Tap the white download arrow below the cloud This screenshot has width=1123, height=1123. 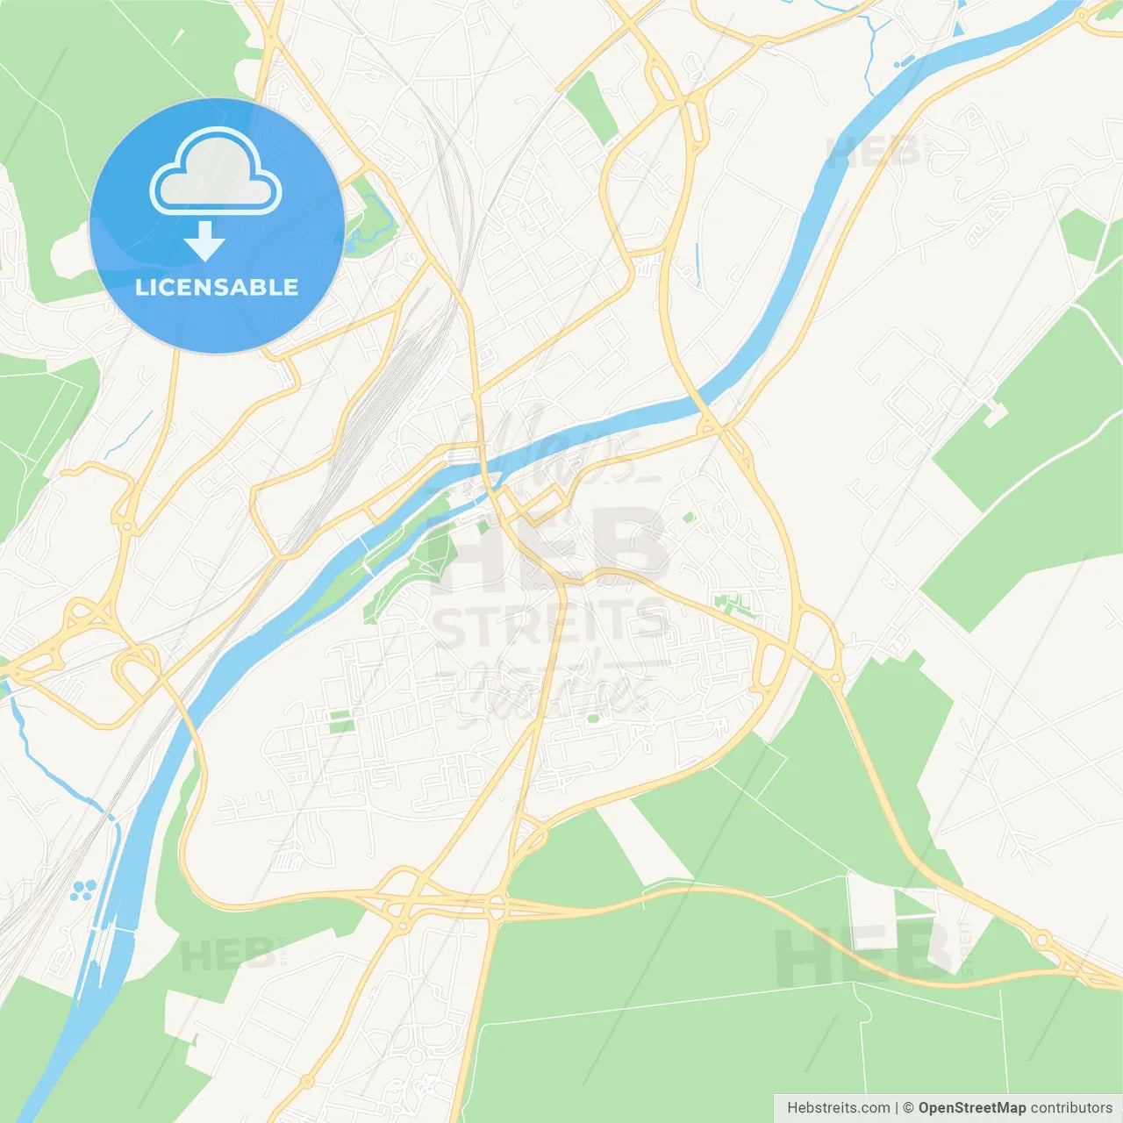point(204,241)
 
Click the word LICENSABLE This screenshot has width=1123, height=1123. point(217,288)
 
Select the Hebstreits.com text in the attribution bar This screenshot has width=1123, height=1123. point(838,1108)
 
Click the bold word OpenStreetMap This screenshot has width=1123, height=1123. point(971,1108)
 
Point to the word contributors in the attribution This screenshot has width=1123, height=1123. point(1071,1108)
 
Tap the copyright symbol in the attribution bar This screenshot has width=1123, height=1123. point(908,1108)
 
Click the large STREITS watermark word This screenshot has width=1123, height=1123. point(551,624)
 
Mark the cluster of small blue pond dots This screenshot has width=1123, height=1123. point(83,891)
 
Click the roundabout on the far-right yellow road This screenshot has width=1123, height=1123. point(1042,941)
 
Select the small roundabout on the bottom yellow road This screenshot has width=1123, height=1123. point(307,1082)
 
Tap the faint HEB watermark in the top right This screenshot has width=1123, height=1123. point(873,153)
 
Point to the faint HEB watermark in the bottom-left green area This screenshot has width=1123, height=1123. point(224,955)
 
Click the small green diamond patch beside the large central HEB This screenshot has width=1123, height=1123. point(689,518)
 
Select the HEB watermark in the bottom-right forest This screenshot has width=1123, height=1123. point(864,956)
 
